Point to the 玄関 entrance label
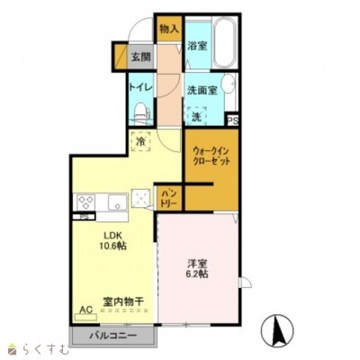point(140,58)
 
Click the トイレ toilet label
point(139,87)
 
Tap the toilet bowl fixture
point(139,112)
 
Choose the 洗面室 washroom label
point(203,89)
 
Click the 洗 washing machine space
point(197,116)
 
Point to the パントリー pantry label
point(169,197)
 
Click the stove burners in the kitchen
point(87,203)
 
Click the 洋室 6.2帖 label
point(198,268)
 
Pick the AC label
point(87,311)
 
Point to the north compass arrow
point(279,331)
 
